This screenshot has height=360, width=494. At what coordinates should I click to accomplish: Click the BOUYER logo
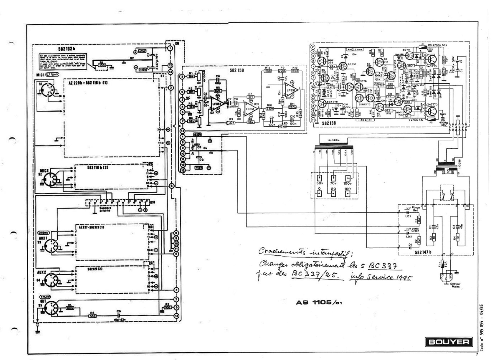coord(449,342)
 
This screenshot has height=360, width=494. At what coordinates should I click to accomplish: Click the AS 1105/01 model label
coord(319,302)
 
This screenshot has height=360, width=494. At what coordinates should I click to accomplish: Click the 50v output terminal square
coord(319,178)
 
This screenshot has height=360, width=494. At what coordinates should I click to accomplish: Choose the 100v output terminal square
coord(348,178)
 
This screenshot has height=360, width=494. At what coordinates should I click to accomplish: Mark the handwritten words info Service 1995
coord(381,277)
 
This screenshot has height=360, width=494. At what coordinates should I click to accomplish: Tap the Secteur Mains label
coord(455,285)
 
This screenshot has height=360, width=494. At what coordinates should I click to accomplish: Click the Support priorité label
coord(105,209)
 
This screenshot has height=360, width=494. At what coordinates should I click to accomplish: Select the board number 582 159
coord(237,70)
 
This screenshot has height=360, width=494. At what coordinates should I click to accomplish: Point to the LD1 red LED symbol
coord(408,213)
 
